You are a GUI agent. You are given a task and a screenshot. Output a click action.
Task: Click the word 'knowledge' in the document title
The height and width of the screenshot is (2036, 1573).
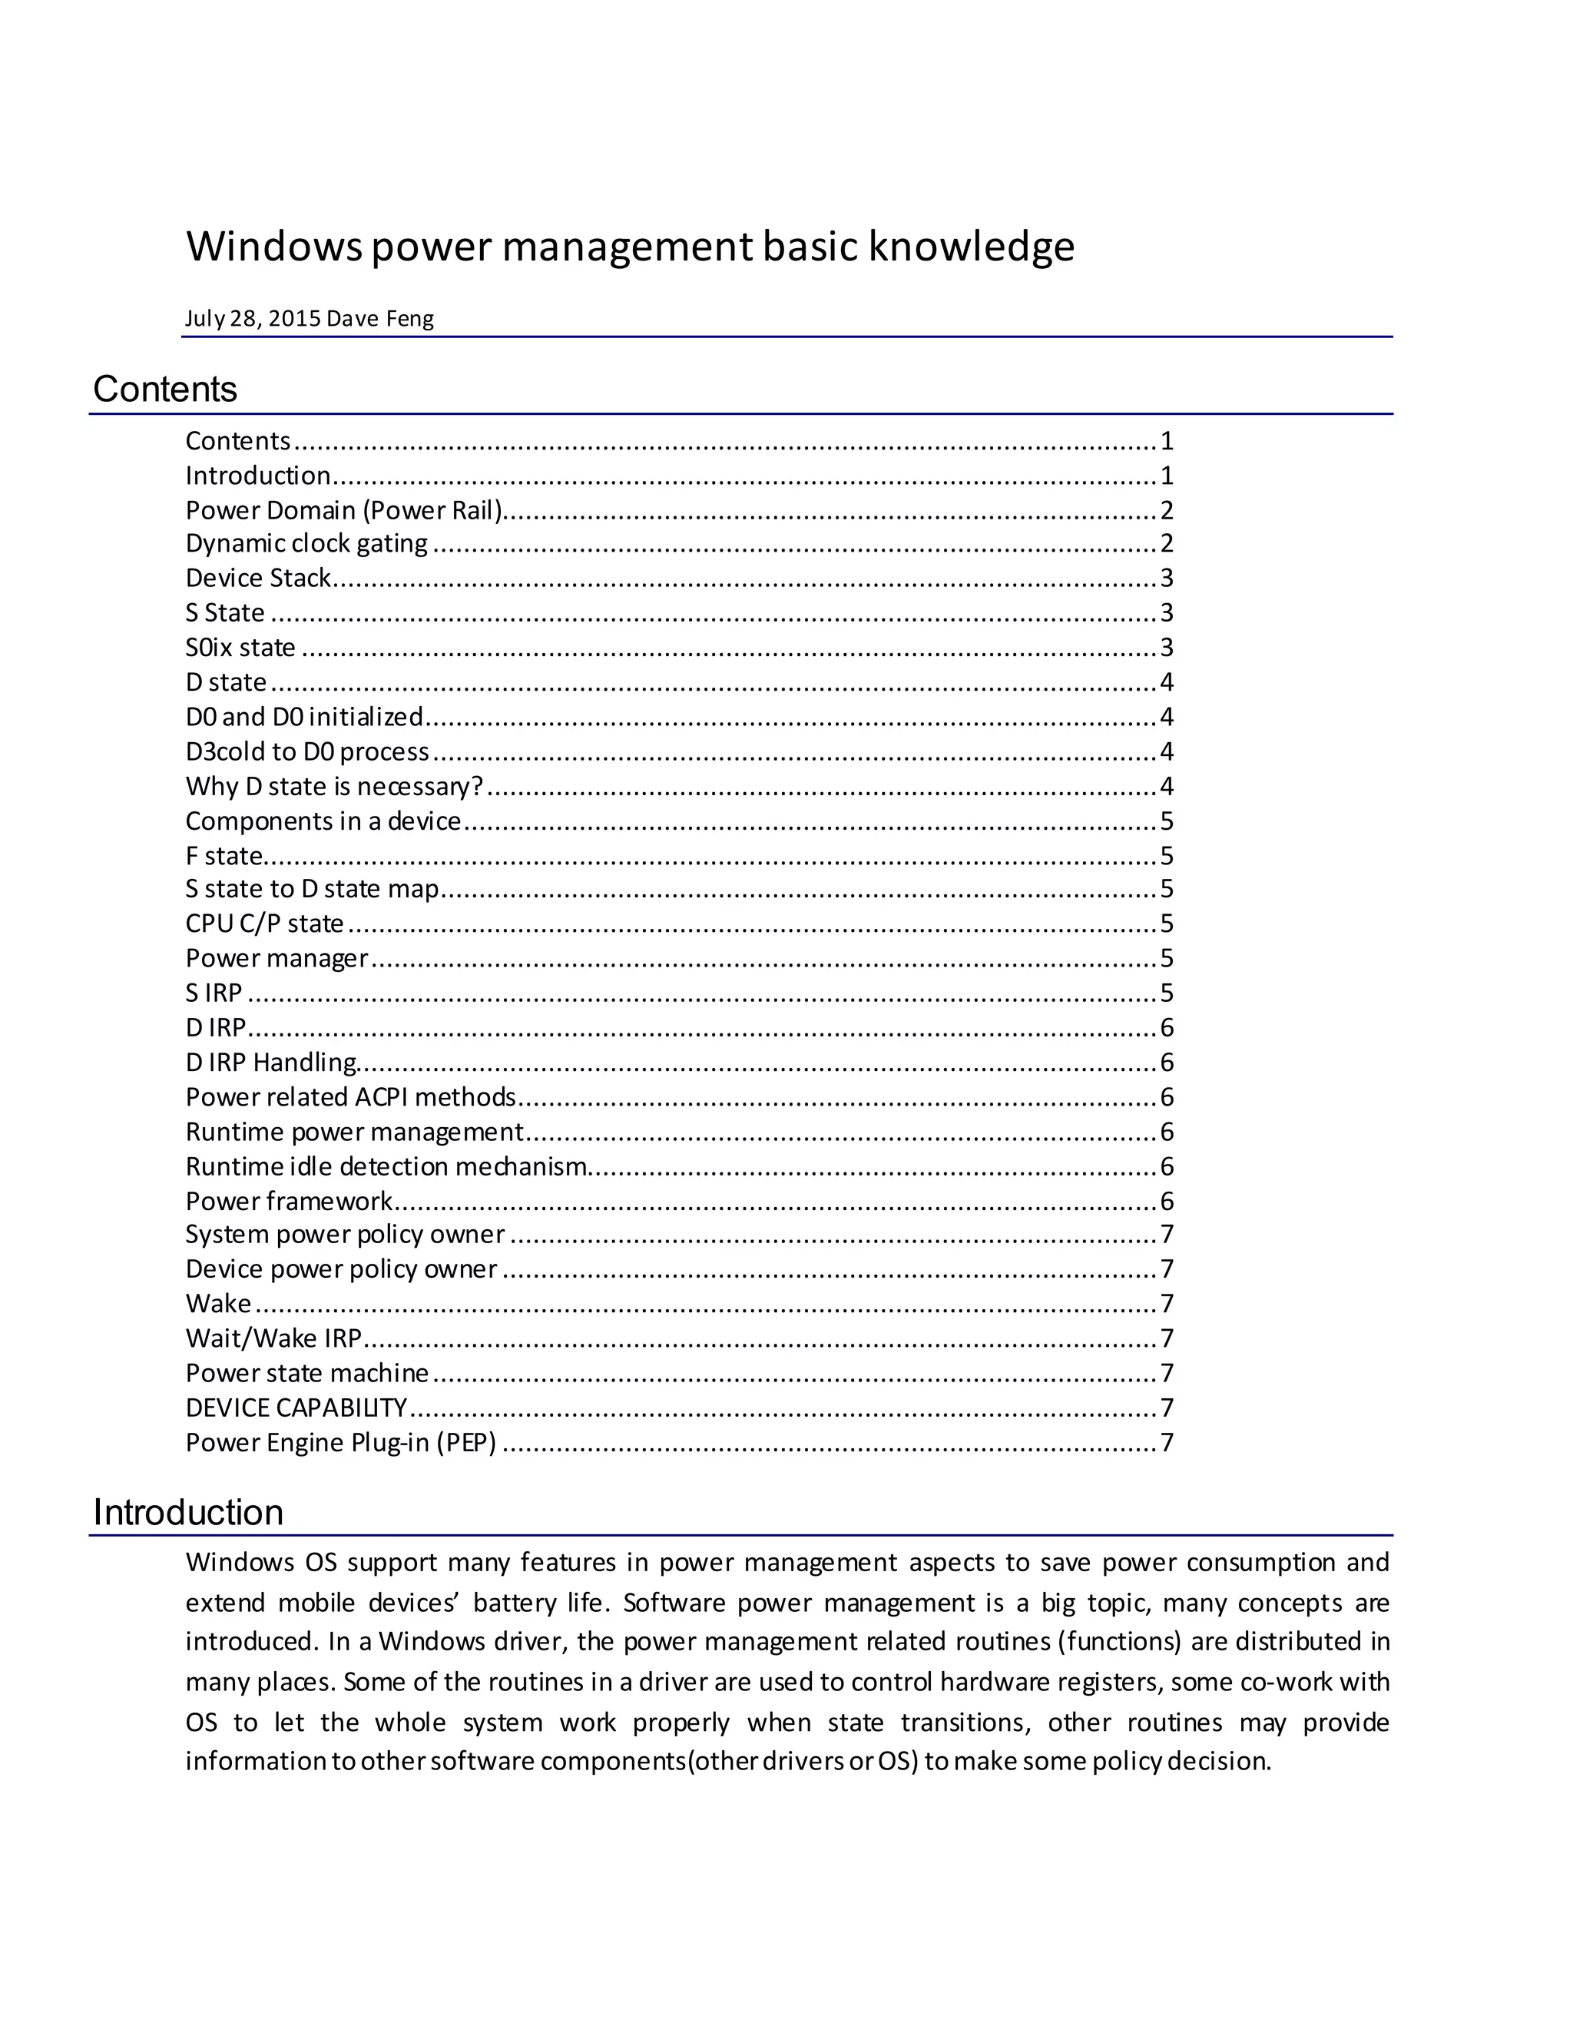point(971,247)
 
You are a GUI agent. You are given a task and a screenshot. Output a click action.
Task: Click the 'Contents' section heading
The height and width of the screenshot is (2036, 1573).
point(165,390)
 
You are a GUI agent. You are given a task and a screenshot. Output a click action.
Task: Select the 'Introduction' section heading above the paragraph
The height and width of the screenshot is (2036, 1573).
point(188,1512)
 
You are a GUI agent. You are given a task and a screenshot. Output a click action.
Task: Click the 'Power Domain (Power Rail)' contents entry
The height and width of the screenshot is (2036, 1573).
point(344,510)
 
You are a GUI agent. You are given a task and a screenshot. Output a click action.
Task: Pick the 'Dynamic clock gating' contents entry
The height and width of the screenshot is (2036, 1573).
point(306,543)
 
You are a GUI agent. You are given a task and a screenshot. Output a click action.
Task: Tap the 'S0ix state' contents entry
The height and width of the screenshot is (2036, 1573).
point(240,647)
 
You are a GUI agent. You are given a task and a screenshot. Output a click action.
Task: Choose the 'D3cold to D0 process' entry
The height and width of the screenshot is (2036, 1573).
point(306,751)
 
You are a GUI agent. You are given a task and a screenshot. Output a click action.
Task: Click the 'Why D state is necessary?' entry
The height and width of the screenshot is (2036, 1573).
point(333,786)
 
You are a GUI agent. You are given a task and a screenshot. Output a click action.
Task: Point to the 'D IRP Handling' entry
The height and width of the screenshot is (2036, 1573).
point(270,1062)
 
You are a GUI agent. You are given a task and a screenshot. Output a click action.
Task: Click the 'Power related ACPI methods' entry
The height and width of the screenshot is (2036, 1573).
point(350,1096)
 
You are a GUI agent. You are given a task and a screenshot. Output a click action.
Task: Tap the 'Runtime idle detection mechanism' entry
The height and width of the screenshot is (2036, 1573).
point(386,1166)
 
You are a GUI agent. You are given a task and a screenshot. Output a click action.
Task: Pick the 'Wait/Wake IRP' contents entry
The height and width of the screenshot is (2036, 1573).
point(273,1338)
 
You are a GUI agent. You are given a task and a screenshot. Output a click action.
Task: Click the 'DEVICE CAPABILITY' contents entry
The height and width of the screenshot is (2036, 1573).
point(296,1408)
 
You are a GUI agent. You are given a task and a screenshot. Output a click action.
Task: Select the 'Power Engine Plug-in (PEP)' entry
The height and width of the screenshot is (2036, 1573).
point(340,1442)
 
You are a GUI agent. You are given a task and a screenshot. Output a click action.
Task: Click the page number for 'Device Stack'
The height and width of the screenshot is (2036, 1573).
point(1166,578)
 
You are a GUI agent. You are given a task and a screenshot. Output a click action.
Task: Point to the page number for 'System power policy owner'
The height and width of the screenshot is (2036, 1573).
point(1166,1235)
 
